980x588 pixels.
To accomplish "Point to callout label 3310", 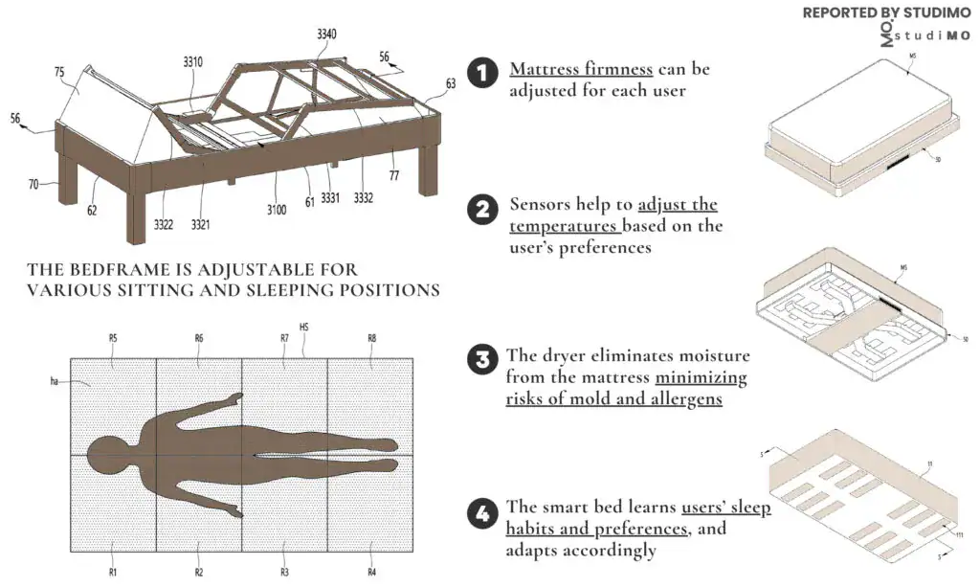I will tap(193, 62).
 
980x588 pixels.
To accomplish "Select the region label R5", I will tap(113, 338).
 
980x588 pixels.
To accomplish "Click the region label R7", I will tap(285, 338).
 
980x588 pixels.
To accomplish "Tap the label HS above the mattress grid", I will tap(304, 328).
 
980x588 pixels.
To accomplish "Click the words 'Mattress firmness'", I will tap(581, 69).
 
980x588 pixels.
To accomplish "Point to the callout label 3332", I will tap(363, 199).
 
